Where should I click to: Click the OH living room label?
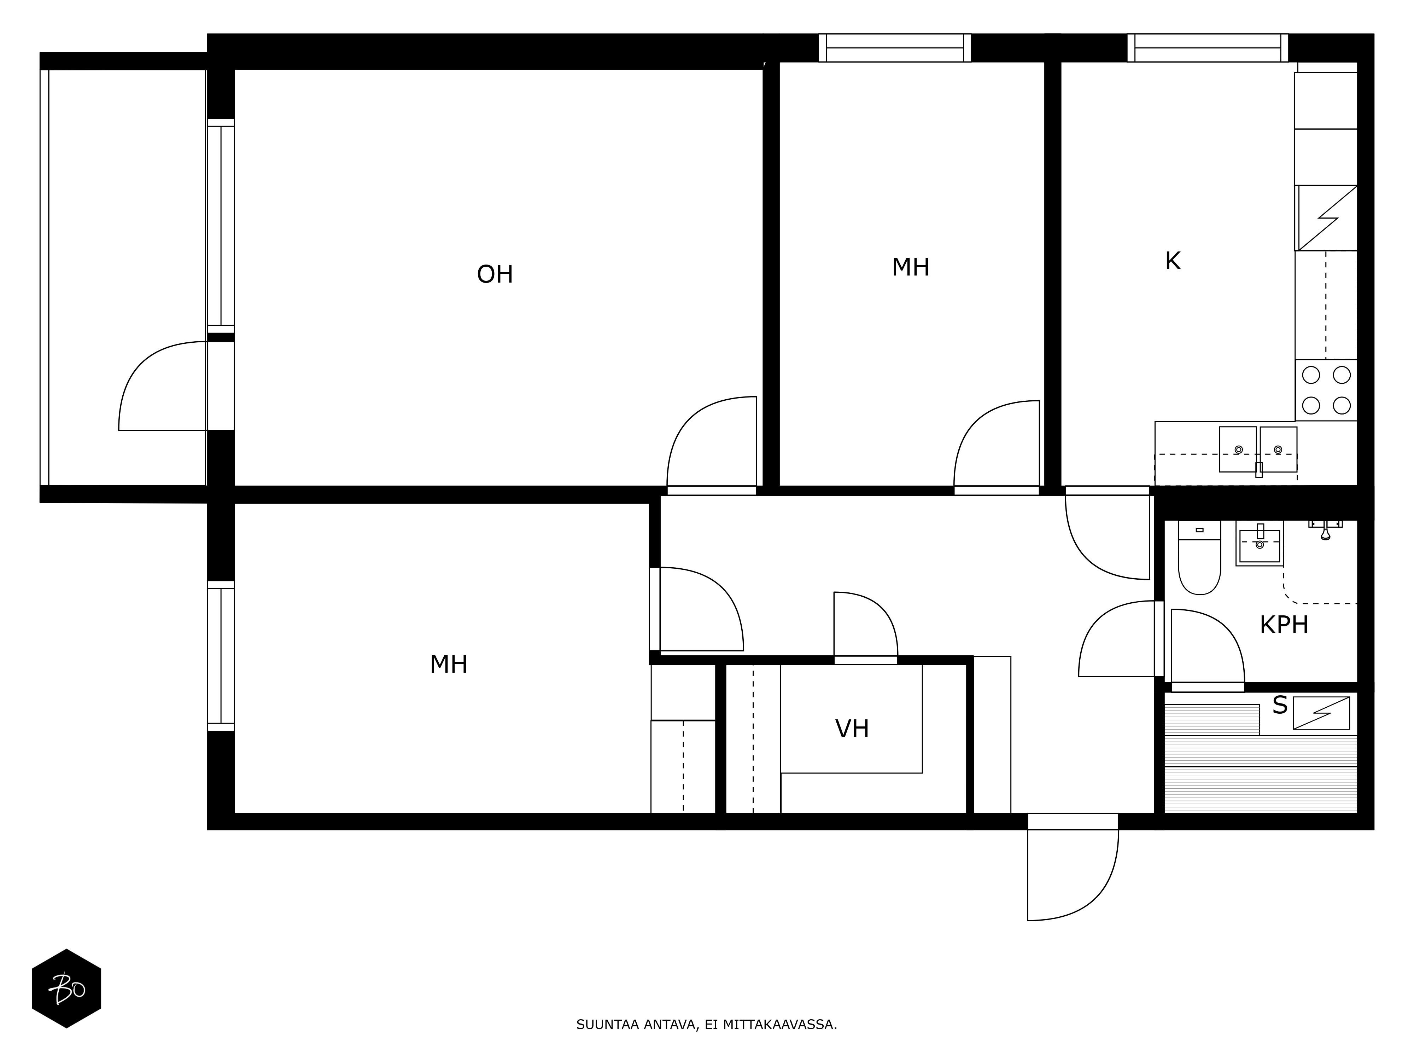click(x=495, y=274)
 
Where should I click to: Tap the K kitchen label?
click(x=1172, y=261)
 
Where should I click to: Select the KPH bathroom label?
click(x=1284, y=625)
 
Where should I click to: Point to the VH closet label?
click(x=852, y=729)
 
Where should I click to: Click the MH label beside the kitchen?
click(x=910, y=267)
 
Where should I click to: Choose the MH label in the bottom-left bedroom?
click(x=448, y=665)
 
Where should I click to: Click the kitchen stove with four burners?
click(x=1326, y=390)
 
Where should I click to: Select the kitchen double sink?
click(x=1258, y=450)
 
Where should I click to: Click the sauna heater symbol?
click(x=1321, y=713)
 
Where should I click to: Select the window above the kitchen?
click(x=1208, y=48)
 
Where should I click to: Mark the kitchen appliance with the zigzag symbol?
click(x=1327, y=218)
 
